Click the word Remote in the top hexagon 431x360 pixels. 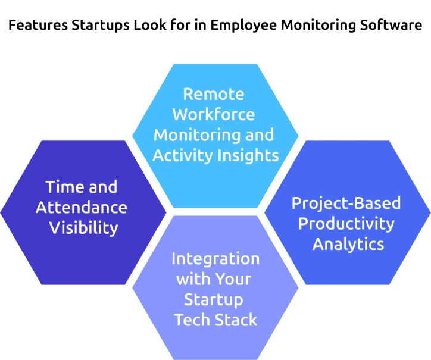[214, 94]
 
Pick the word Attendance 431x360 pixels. [82, 207]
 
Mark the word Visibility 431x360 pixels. [83, 228]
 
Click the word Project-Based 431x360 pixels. [346, 203]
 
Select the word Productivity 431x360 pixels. [346, 224]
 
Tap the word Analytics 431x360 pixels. [348, 244]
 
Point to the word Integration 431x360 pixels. [215, 259]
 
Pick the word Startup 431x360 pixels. [214, 299]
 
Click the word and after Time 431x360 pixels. [102, 187]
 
